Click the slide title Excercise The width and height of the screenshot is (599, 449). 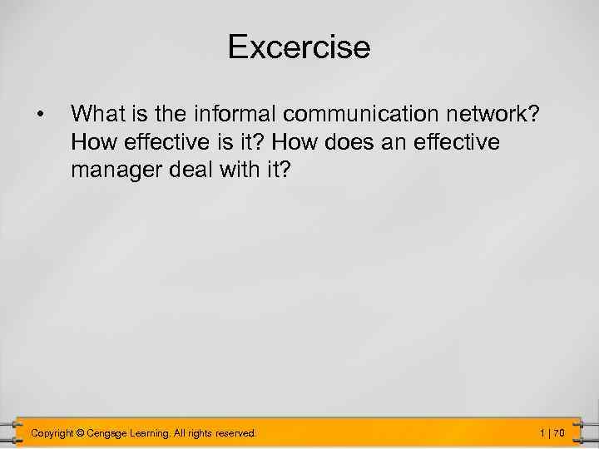coord(299,47)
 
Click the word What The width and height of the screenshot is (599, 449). coord(97,112)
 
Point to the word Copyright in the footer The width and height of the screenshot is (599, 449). coord(51,433)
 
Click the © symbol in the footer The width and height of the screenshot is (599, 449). coord(81,433)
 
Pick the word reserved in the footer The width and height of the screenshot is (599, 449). coord(239,433)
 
